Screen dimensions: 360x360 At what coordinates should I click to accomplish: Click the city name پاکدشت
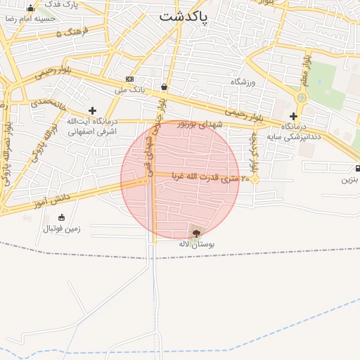click(184, 16)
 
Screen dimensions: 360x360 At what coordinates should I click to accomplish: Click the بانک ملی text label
click(129, 90)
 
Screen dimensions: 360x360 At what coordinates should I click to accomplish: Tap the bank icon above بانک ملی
click(130, 79)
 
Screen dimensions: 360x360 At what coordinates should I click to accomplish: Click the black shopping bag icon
click(164, 87)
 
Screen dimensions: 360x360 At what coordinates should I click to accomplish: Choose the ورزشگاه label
click(245, 82)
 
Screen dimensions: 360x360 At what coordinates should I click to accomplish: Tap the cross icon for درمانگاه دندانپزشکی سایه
click(293, 116)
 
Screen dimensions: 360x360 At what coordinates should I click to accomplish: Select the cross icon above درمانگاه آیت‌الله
click(93, 110)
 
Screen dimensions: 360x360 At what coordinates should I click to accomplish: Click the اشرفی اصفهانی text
click(92, 131)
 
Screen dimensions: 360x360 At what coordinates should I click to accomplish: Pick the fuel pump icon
click(358, 168)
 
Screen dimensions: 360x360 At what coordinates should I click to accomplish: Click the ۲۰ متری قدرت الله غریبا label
click(206, 179)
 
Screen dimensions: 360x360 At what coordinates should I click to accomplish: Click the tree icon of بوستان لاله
click(195, 232)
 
